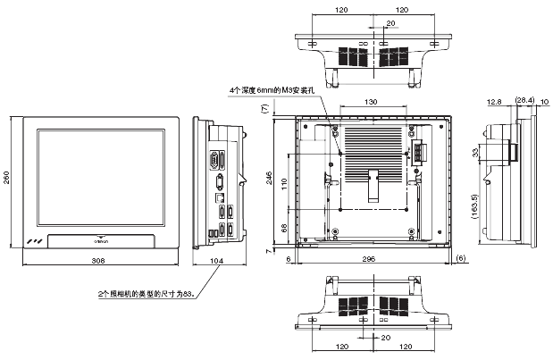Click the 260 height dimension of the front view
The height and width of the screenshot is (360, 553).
pyautogui.click(x=7, y=179)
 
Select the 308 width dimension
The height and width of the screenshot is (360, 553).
pyautogui.click(x=97, y=261)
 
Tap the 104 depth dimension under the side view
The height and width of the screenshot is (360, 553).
pyautogui.click(x=217, y=261)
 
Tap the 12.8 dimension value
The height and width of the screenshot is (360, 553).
pyautogui.click(x=495, y=101)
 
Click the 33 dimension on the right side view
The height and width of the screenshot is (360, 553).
pyautogui.click(x=475, y=153)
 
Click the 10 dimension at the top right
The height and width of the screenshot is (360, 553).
pyautogui.click(x=545, y=101)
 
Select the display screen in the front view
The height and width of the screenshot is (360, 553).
pyautogui.click(x=99, y=177)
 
